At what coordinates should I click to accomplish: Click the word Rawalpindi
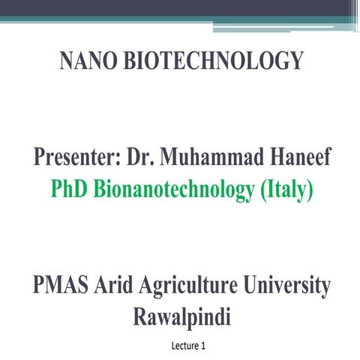(180, 317)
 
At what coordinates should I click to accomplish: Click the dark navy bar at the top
(180, 7)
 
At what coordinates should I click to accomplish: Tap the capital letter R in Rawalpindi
(136, 317)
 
